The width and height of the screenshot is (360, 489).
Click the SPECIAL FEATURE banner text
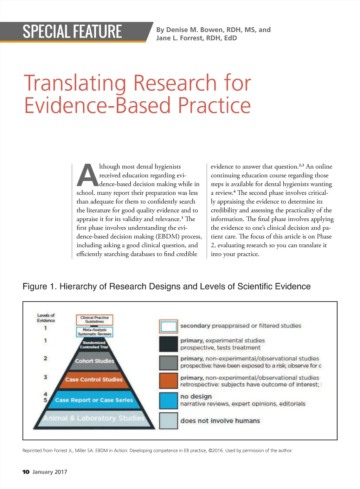click(72, 32)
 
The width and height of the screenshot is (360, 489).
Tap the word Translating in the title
click(75, 83)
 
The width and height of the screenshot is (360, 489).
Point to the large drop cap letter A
click(88, 175)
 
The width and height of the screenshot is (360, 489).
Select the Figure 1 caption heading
click(166, 286)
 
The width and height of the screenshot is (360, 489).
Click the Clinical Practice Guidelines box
click(95, 320)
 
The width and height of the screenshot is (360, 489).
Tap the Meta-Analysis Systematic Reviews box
click(95, 332)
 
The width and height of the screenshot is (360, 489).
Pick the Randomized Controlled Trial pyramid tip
click(94, 345)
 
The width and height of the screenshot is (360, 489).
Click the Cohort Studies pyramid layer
click(94, 361)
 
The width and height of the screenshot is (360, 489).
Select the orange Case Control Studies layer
click(94, 379)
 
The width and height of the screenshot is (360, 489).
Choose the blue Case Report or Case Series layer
click(94, 400)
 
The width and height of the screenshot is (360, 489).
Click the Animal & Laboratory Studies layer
click(94, 418)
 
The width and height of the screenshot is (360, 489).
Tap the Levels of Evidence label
click(46, 318)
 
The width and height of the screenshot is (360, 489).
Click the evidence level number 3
click(45, 377)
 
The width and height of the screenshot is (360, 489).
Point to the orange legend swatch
click(168, 381)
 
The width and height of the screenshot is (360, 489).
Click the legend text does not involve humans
click(220, 421)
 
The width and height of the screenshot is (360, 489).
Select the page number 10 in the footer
click(26, 472)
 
